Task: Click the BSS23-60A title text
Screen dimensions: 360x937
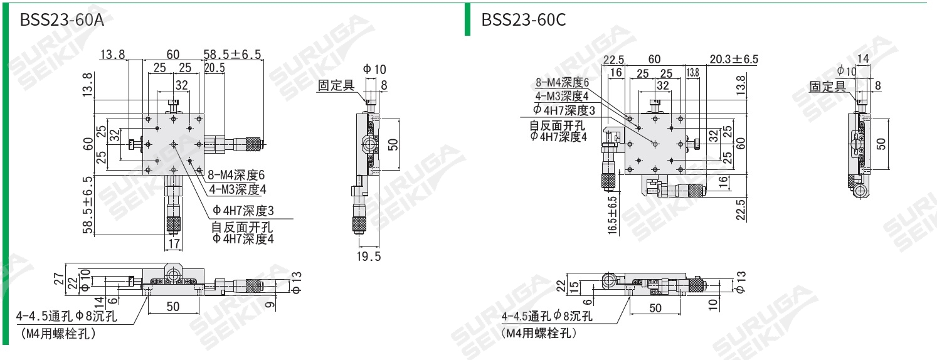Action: (x=62, y=19)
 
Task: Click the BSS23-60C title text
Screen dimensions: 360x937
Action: (x=524, y=19)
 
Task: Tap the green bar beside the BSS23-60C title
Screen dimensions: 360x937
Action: (x=467, y=19)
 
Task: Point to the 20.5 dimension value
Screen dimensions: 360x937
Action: (x=214, y=68)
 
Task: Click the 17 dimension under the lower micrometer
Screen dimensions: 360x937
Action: (x=174, y=243)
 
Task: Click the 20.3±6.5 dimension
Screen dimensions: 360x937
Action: (x=734, y=60)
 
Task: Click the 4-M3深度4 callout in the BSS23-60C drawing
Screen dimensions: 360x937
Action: (x=562, y=96)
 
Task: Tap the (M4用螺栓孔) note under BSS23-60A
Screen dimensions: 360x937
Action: (x=57, y=334)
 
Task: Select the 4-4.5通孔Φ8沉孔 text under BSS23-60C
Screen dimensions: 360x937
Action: (x=547, y=317)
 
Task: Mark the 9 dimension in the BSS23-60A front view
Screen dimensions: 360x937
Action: (x=269, y=305)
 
